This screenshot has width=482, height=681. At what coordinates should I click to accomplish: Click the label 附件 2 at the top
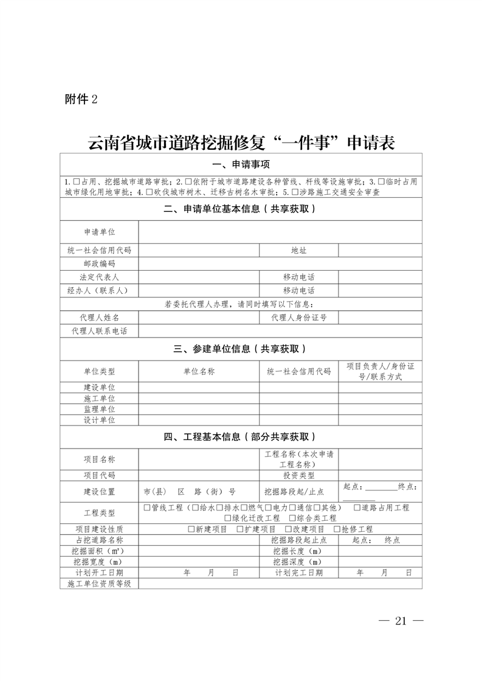click(x=80, y=99)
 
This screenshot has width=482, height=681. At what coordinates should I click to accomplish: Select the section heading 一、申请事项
click(x=241, y=165)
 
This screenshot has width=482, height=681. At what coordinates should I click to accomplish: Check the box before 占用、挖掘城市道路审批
click(x=76, y=181)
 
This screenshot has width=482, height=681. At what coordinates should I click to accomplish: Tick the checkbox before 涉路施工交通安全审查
click(x=295, y=192)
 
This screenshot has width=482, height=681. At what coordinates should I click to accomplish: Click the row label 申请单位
click(x=99, y=232)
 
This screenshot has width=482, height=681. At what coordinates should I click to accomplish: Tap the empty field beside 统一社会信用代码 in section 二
click(x=199, y=250)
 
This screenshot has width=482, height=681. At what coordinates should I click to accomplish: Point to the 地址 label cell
click(x=298, y=250)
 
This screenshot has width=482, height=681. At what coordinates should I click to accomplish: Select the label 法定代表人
click(x=99, y=277)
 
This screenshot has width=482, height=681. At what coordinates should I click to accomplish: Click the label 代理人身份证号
click(x=298, y=317)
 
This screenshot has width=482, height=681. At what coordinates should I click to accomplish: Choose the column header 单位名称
click(x=199, y=371)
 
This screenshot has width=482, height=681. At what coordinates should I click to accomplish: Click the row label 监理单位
click(x=99, y=409)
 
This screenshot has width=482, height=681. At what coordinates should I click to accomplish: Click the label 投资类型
click(x=298, y=476)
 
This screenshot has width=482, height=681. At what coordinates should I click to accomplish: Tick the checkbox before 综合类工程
click(x=292, y=518)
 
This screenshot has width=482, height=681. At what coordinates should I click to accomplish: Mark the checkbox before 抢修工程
click(x=337, y=529)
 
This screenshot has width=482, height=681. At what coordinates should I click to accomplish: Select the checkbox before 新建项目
click(x=191, y=529)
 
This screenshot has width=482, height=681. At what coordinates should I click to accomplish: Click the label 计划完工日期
click(x=298, y=572)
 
